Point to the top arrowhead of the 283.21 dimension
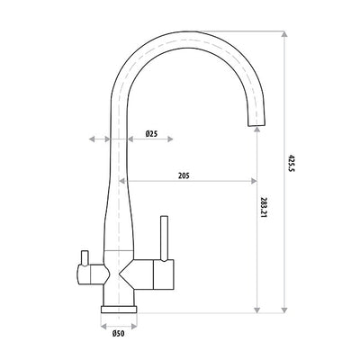[257, 130]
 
